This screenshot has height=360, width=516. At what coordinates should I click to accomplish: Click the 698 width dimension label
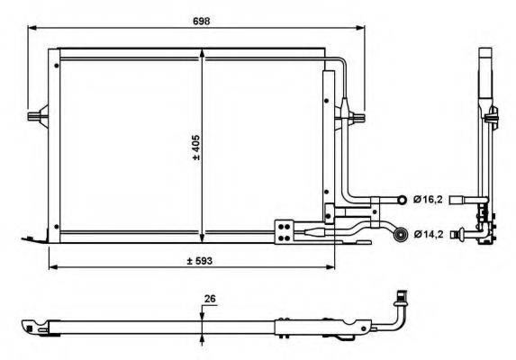(x=201, y=21)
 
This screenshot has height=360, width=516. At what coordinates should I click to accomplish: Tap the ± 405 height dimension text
(x=196, y=148)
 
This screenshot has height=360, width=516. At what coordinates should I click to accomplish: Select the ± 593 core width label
(x=200, y=261)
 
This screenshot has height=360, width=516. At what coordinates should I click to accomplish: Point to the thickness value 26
(x=210, y=299)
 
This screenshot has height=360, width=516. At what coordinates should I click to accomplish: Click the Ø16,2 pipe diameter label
(x=428, y=199)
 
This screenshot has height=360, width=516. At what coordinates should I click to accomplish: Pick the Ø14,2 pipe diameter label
(x=428, y=234)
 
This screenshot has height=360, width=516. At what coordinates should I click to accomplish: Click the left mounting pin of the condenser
(x=38, y=116)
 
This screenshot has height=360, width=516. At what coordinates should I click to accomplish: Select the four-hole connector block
(x=285, y=232)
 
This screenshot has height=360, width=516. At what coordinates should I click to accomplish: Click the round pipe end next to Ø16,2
(x=402, y=199)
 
